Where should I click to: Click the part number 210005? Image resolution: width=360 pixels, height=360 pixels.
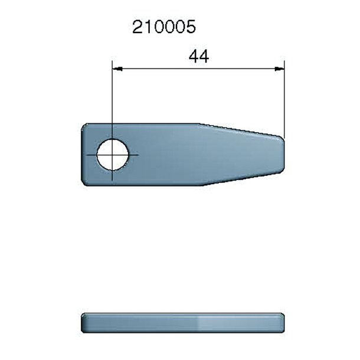coord(163,27)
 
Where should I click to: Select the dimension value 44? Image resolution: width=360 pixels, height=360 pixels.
coord(199,57)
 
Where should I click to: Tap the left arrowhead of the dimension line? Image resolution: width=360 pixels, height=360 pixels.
coord(116,69)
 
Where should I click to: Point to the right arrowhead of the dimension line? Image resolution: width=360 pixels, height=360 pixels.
coord(280,69)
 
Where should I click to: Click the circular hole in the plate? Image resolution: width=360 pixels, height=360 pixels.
coord(112,155)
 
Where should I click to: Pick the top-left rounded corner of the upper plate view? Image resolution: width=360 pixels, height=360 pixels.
coord(84,126)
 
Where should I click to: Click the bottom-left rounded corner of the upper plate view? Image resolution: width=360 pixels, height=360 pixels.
coord(84,182)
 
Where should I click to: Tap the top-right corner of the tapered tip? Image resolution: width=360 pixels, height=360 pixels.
coord(282,138)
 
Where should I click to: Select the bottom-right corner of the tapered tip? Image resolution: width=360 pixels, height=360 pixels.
coord(282,172)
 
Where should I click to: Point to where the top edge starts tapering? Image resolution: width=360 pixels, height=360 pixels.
coord(199,124)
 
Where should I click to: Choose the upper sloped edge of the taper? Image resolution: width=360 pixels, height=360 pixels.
coord(241,130)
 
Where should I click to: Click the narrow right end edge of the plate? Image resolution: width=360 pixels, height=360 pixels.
coord(284,155)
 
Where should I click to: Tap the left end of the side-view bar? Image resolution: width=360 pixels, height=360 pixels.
coord(83,322)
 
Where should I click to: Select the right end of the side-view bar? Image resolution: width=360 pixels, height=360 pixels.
coord(283,322)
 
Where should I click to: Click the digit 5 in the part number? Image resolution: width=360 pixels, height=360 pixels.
coord(190,27)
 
